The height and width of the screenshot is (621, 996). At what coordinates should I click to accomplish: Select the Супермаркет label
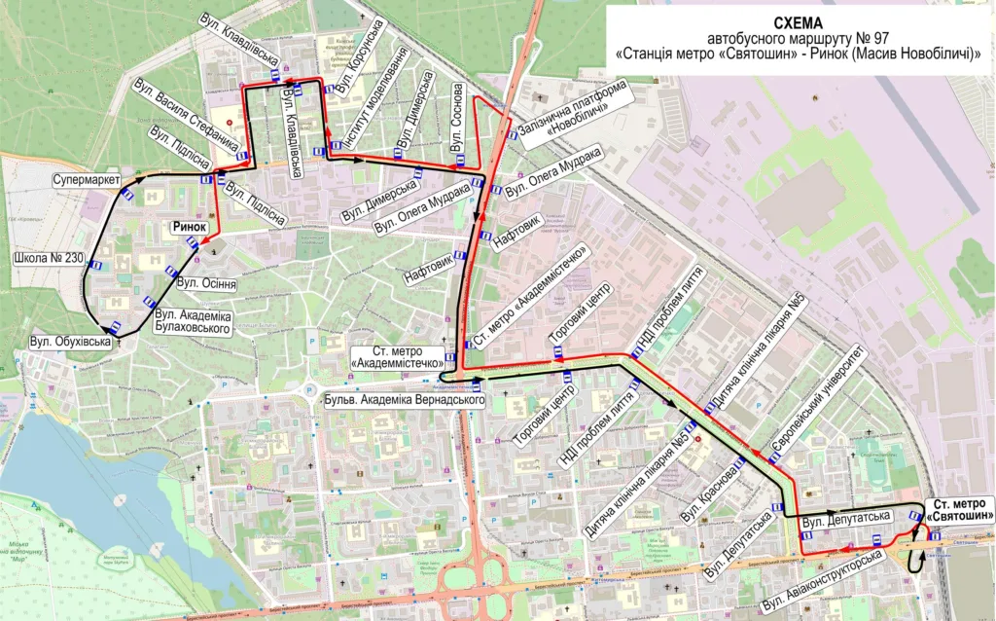(88, 181)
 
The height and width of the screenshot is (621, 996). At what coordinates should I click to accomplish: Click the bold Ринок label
(190, 227)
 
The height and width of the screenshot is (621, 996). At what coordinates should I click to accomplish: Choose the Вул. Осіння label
(208, 283)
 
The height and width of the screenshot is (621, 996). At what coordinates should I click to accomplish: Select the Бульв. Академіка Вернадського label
(403, 400)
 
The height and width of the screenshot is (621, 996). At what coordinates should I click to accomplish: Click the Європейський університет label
(817, 401)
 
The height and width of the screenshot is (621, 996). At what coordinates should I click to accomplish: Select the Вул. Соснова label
(456, 116)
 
